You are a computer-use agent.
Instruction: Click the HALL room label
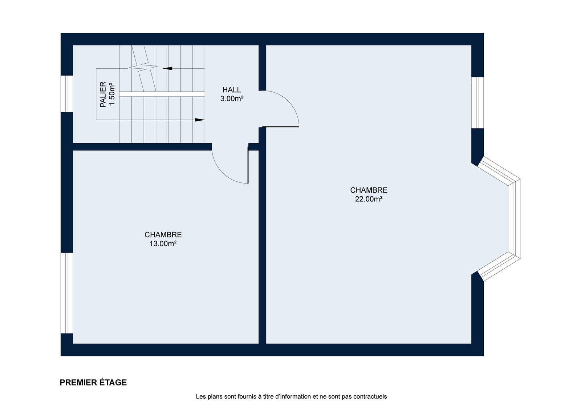click(231, 89)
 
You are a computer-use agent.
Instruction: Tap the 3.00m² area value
click(232, 98)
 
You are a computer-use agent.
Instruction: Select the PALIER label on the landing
click(103, 94)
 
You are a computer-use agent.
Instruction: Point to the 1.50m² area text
click(112, 94)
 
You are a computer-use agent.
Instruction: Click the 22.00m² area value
click(369, 199)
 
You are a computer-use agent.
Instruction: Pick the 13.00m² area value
click(163, 243)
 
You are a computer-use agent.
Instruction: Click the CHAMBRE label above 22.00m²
click(369, 190)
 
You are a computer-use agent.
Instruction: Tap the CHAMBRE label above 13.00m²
click(163, 235)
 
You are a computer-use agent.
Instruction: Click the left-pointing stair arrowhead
click(167, 68)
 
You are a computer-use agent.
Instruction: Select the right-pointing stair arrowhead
click(200, 120)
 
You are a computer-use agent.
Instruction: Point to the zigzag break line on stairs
click(143, 68)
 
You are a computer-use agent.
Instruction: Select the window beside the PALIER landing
click(67, 94)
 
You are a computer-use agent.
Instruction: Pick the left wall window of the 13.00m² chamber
click(67, 293)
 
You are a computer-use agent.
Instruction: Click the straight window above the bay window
click(478, 102)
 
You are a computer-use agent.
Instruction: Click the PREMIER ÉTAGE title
click(93, 382)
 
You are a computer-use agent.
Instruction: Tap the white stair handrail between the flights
click(162, 94)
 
